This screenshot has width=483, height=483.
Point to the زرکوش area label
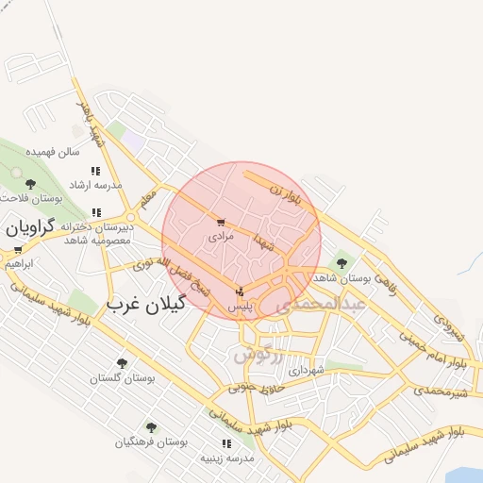tap(258, 357)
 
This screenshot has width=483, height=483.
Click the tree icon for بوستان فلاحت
tap(30, 184)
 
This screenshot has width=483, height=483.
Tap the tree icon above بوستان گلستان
tap(121, 362)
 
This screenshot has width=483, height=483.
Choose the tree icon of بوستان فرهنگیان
tap(151, 427)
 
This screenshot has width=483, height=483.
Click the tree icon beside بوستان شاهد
tap(341, 263)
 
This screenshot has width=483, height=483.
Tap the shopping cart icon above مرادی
tap(221, 223)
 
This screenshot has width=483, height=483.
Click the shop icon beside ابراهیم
tap(17, 250)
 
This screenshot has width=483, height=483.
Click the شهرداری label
tap(307, 371)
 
